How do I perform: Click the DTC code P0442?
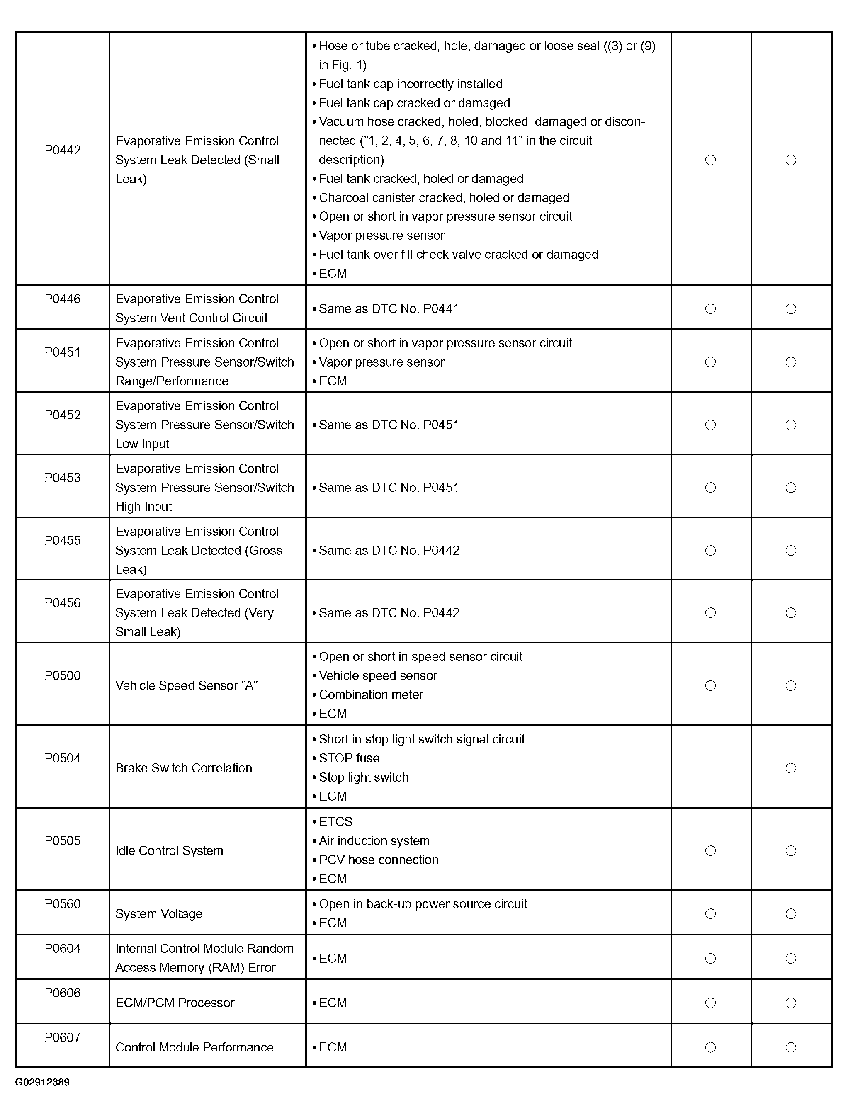63,150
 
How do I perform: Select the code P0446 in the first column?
63,299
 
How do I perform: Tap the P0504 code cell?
63,758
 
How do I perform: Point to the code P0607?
63,1037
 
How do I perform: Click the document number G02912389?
42,1082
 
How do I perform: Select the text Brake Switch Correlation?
184,768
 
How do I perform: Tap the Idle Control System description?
169,850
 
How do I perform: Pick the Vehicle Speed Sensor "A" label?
186,685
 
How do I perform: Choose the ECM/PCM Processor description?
175,1003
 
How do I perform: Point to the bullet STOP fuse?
349,758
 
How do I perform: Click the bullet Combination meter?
371,694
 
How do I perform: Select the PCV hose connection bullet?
378,860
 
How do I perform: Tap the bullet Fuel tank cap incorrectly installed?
411,84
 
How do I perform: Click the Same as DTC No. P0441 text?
389,308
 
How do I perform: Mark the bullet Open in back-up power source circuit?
423,904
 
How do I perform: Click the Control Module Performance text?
194,1047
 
